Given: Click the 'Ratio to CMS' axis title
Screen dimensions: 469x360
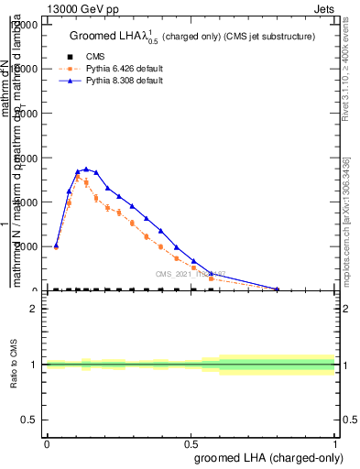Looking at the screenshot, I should [14, 365].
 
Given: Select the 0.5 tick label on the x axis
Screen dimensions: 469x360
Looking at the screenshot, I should [191, 442].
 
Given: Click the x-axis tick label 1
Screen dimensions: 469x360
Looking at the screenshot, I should [335, 442].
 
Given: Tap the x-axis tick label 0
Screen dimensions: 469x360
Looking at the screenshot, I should [47, 442].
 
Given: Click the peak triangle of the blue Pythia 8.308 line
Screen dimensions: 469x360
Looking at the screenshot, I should [86, 169].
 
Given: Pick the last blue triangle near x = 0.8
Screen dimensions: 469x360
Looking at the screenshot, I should [278, 289].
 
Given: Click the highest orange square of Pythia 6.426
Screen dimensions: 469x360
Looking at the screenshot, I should [78, 177].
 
